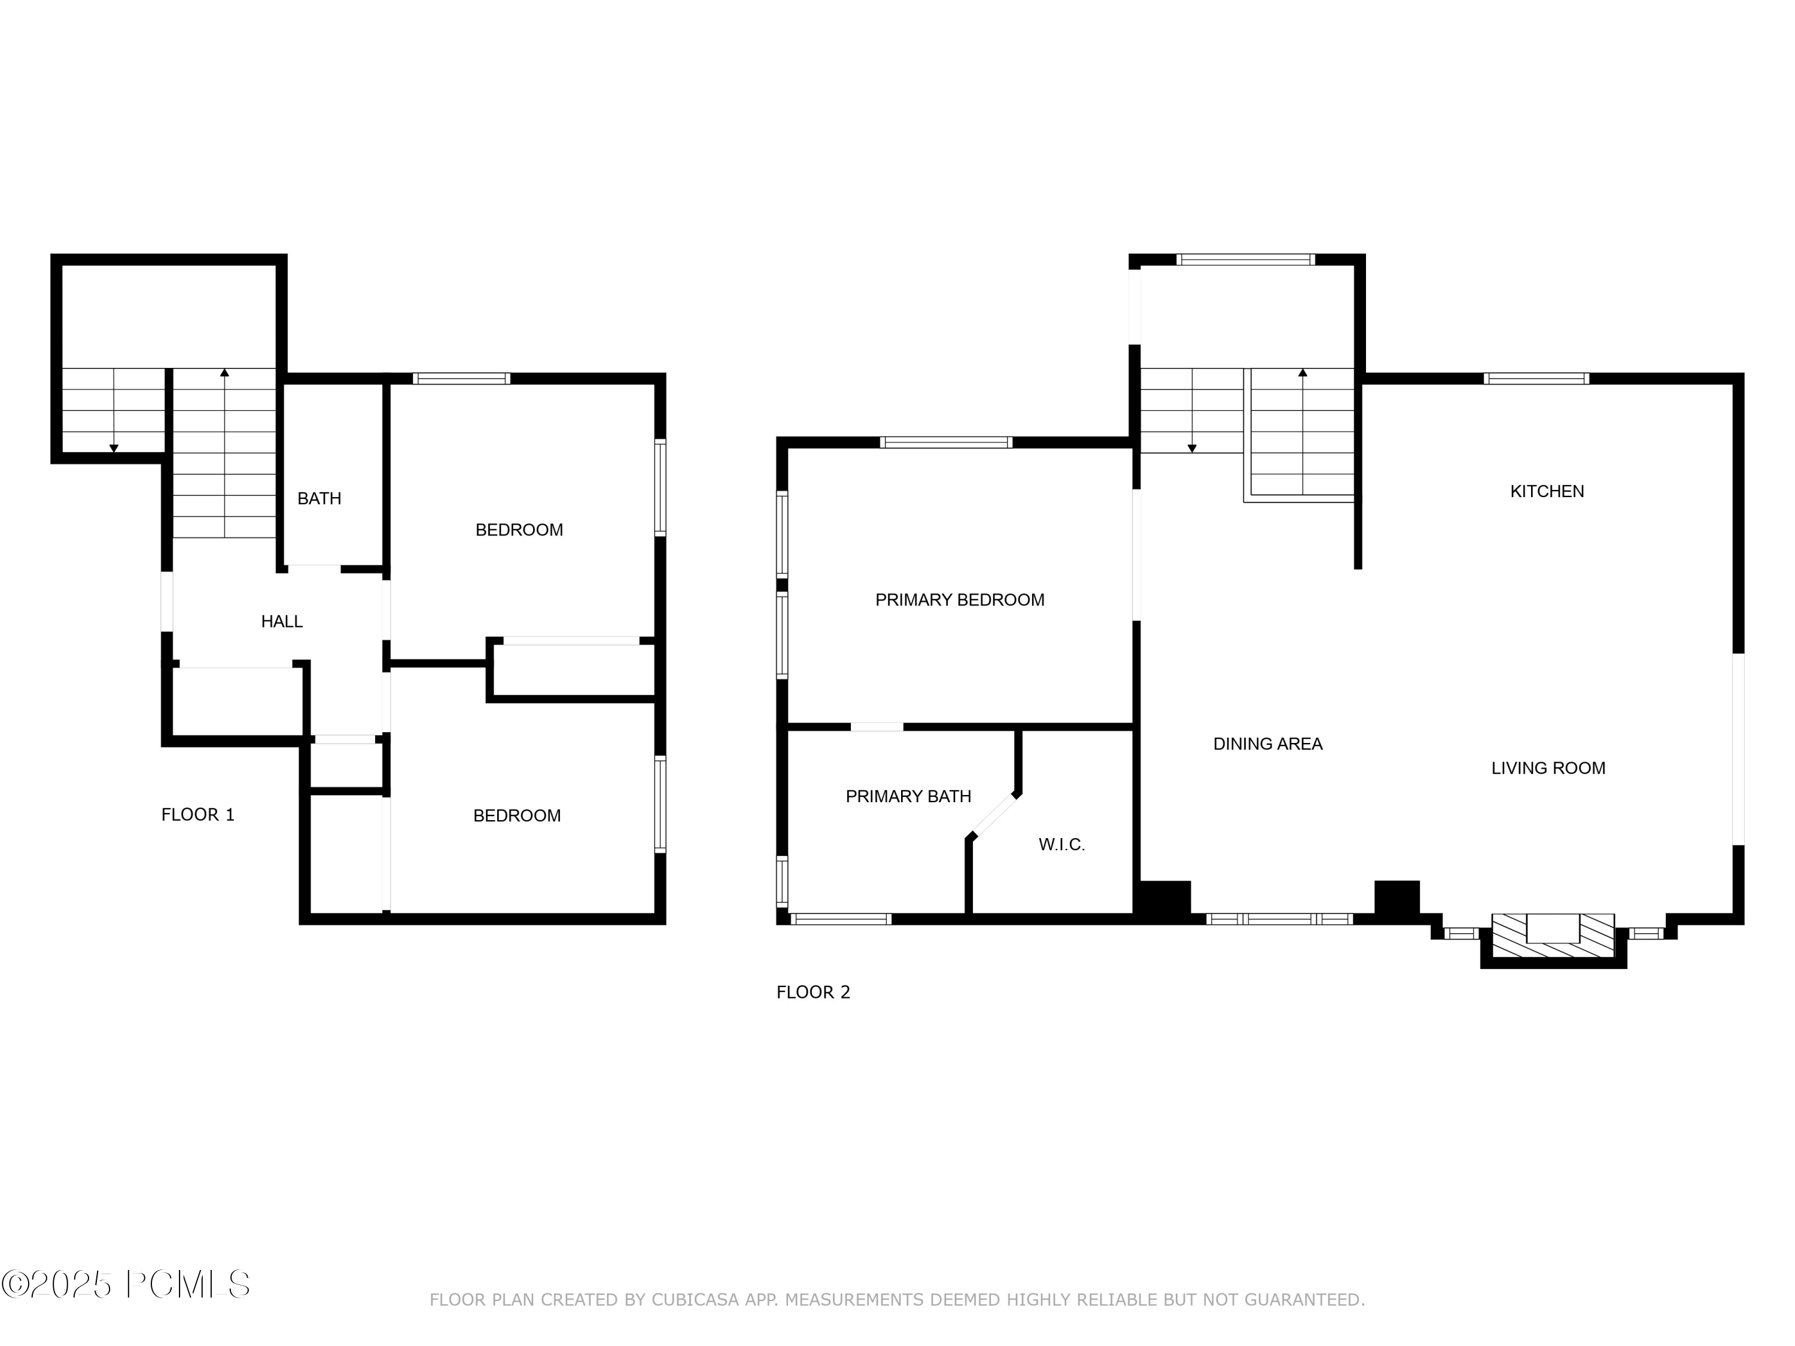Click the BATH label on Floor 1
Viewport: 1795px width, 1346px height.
[x=319, y=499]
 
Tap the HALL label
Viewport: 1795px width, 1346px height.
[x=282, y=622]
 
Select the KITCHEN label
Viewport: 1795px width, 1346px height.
[x=1547, y=491]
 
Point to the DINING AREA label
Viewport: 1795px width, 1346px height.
[x=1267, y=744]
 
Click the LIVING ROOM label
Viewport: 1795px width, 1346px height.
[x=1547, y=768]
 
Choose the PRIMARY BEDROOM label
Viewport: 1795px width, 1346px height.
[x=959, y=599]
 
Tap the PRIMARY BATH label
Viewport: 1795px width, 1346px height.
[x=908, y=797]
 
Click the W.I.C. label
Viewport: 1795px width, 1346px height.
[x=1061, y=845]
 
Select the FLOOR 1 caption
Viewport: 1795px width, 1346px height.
[x=198, y=815]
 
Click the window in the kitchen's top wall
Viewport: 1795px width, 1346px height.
[x=1536, y=378]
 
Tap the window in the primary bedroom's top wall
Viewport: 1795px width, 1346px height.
[x=946, y=442]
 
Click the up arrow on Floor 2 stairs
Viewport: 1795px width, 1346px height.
[x=1303, y=373]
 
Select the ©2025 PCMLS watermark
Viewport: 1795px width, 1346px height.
[x=126, y=1284]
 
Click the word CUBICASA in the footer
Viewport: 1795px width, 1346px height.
[x=695, y=1300]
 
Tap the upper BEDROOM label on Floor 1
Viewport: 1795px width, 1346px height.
[x=519, y=530]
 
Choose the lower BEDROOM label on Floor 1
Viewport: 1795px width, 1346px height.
[x=517, y=815]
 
